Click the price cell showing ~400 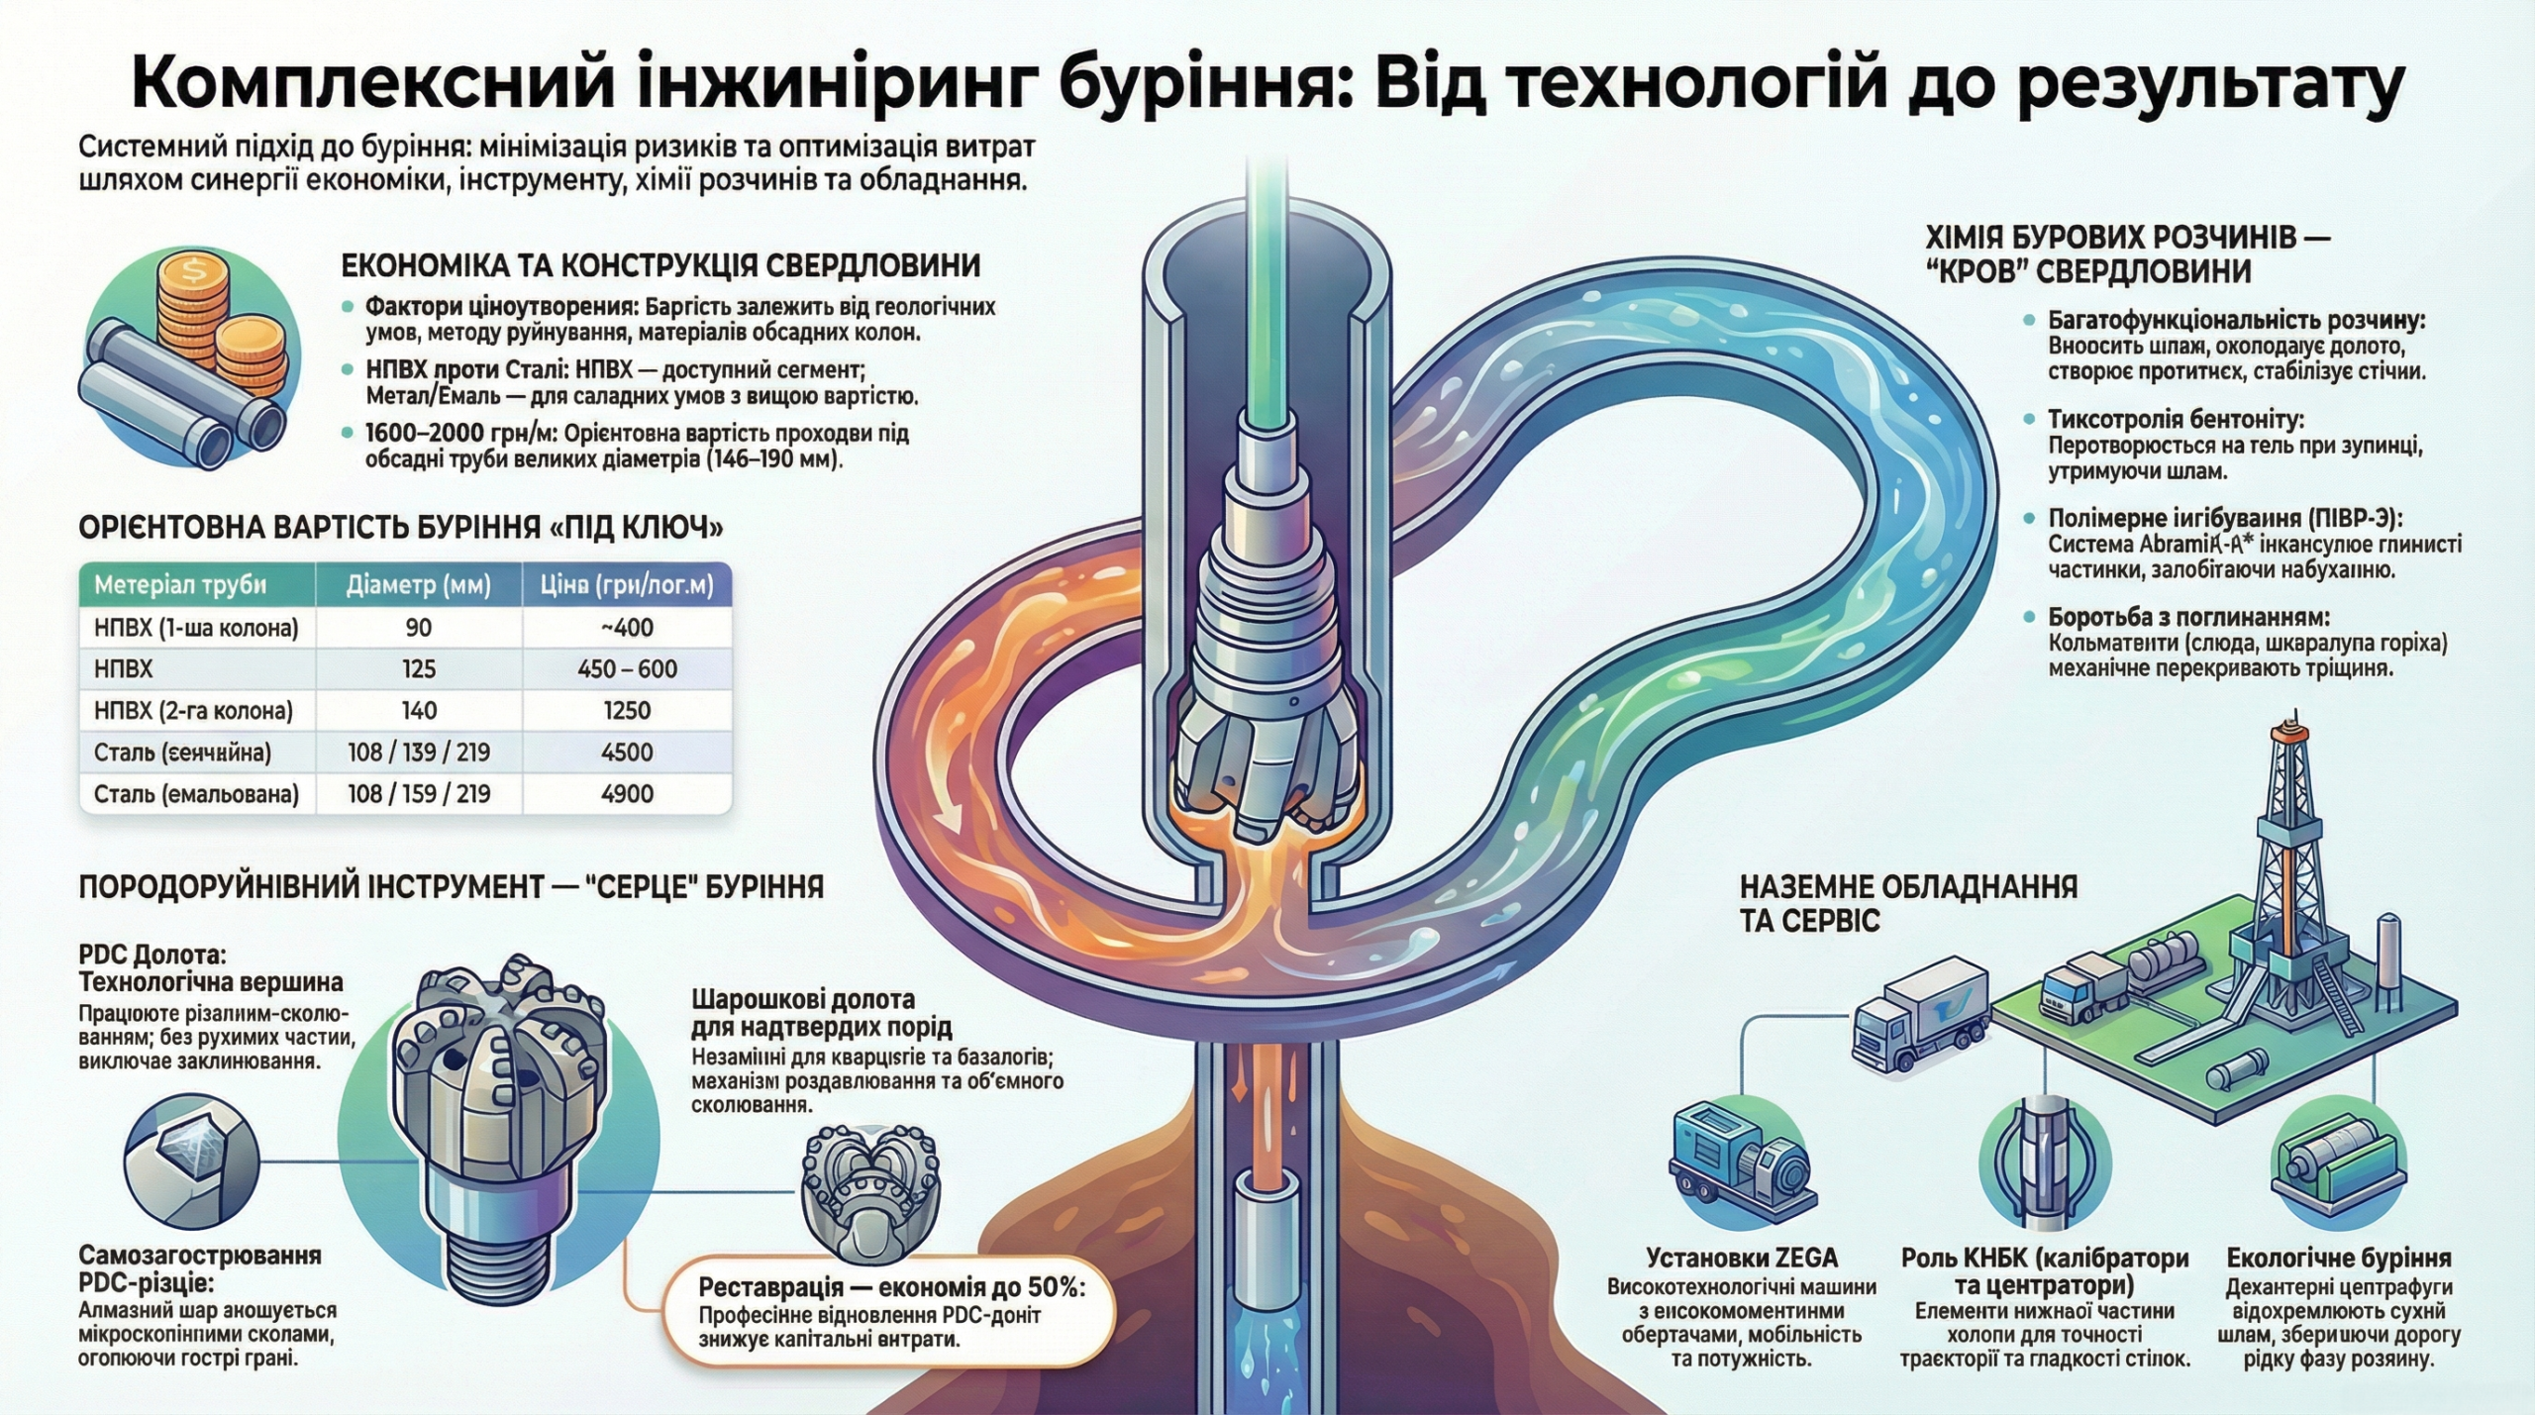point(627,628)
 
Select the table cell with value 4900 point(627,793)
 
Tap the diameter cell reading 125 point(419,669)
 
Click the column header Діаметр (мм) point(419,585)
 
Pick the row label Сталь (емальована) point(196,793)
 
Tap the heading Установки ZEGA point(1742,1258)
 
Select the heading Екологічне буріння point(2339,1258)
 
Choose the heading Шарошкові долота point(803,998)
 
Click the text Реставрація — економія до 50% point(891,1287)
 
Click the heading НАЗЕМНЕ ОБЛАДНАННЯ point(1908,886)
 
